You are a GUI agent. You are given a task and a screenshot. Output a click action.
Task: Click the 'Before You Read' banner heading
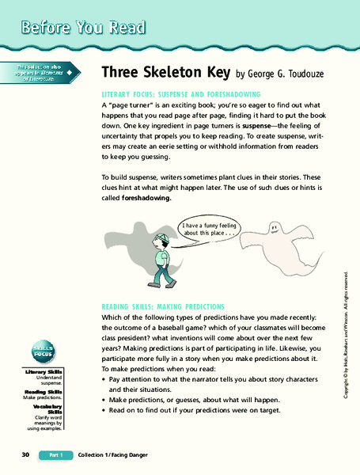pos(84,26)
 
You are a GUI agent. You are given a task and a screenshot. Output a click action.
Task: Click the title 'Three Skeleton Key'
pos(165,73)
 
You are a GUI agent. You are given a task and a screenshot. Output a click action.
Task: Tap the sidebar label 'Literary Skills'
pos(44,371)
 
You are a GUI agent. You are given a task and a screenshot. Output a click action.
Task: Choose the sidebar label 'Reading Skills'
pos(44,391)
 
